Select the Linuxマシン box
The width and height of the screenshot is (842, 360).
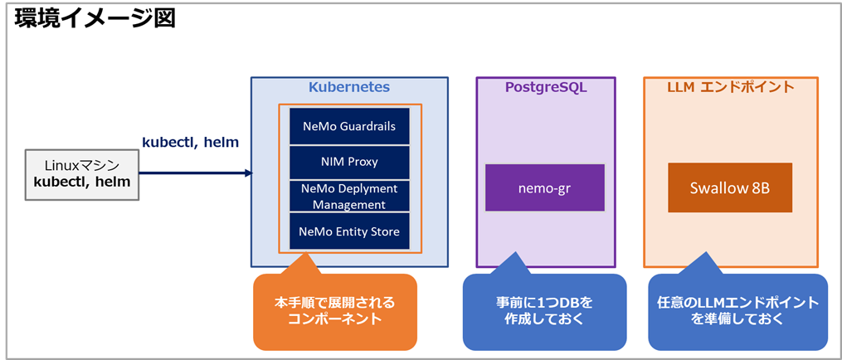pyautogui.click(x=82, y=174)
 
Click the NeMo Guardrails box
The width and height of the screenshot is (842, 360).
pyautogui.click(x=349, y=127)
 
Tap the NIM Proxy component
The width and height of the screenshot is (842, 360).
pyautogui.click(x=349, y=162)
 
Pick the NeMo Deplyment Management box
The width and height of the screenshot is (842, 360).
pyautogui.click(x=349, y=196)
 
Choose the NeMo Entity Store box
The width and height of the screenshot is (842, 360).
pyautogui.click(x=349, y=231)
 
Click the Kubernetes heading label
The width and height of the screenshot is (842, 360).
pyautogui.click(x=349, y=87)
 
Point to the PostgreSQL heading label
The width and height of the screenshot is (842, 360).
pyautogui.click(x=545, y=87)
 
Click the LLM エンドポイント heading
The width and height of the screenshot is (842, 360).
pyautogui.click(x=731, y=87)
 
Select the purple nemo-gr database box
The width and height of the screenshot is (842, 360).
pyautogui.click(x=545, y=187)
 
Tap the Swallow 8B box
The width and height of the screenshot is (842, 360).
pyautogui.click(x=730, y=187)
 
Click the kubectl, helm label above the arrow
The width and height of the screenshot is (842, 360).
pyautogui.click(x=191, y=143)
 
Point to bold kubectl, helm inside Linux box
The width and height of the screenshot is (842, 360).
pyautogui.click(x=82, y=182)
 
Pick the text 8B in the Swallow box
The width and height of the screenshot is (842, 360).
pyautogui.click(x=759, y=187)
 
